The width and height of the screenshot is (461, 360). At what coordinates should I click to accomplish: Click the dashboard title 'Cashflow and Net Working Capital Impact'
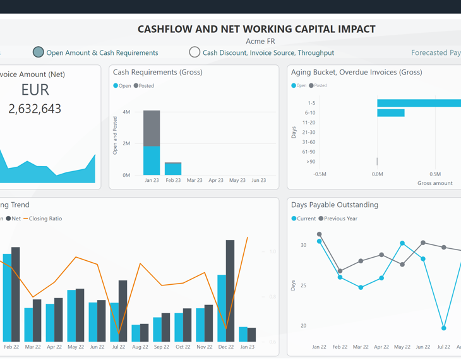pos(256,29)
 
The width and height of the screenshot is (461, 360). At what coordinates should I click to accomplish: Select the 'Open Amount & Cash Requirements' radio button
pos(39,52)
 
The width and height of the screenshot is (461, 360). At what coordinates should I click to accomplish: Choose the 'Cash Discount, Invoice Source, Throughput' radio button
pos(195,52)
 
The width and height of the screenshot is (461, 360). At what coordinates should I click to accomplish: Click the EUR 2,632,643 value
pos(35,109)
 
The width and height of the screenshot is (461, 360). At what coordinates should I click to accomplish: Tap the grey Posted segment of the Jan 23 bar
pos(152,128)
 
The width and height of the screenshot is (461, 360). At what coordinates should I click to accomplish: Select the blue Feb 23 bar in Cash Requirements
pos(173,169)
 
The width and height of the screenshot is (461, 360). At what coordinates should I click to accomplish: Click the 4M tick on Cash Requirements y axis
pos(126,112)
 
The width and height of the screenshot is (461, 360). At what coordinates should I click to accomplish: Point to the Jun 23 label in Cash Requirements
pos(258,180)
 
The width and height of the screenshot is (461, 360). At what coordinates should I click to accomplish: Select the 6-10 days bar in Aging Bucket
pos(391,113)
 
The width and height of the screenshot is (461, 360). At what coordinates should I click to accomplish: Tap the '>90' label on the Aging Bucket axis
pos(310,162)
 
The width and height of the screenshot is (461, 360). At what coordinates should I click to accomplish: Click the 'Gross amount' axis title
pos(434,183)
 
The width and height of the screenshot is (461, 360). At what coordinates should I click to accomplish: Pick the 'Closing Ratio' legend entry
pos(45,219)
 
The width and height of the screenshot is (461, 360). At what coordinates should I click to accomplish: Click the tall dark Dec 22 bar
pos(230,291)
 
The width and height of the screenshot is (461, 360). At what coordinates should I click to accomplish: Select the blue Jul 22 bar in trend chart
pos(114,322)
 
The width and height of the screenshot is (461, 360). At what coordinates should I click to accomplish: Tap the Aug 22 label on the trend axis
pos(140,347)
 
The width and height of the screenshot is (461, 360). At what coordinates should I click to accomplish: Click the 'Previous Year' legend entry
pos(340,219)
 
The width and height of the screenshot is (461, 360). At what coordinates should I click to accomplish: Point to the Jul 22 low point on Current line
pos(444,328)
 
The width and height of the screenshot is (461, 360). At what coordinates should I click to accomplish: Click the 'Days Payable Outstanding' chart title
pos(335,205)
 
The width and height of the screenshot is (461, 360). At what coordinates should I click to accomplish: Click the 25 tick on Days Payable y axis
pos(303,285)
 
